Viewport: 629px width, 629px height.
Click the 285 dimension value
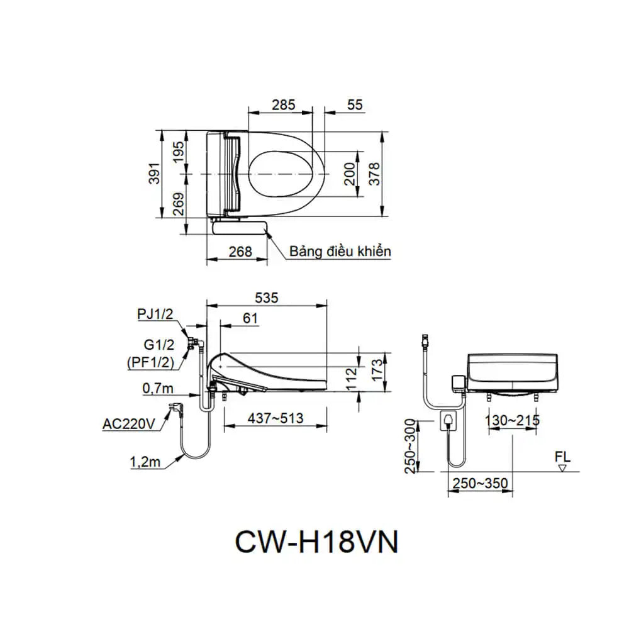(x=283, y=105)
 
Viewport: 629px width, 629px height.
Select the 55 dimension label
(x=355, y=105)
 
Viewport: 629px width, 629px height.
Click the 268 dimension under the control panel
(x=240, y=252)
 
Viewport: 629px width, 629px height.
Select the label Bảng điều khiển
(x=340, y=252)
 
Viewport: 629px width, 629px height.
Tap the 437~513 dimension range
(x=274, y=418)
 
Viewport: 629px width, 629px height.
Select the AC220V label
(x=128, y=424)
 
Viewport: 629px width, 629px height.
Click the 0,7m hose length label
(x=157, y=389)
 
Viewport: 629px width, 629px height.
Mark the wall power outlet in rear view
(x=449, y=421)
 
